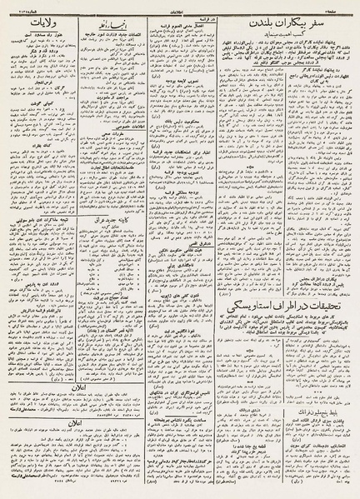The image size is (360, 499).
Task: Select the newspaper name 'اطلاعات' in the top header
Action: pyautogui.click(x=179, y=6)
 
